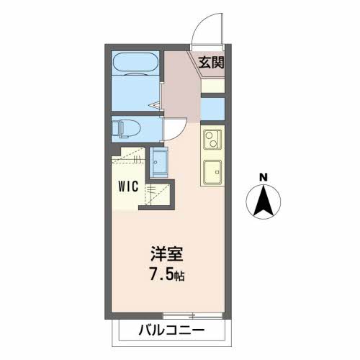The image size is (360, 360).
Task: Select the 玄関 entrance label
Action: [212, 62]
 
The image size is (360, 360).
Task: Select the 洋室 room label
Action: [166, 255]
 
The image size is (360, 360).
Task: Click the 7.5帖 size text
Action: [166, 275]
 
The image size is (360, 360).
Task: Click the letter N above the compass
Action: [264, 177]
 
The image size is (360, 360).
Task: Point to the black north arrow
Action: [264, 202]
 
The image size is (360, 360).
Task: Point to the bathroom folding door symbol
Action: [156, 105]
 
